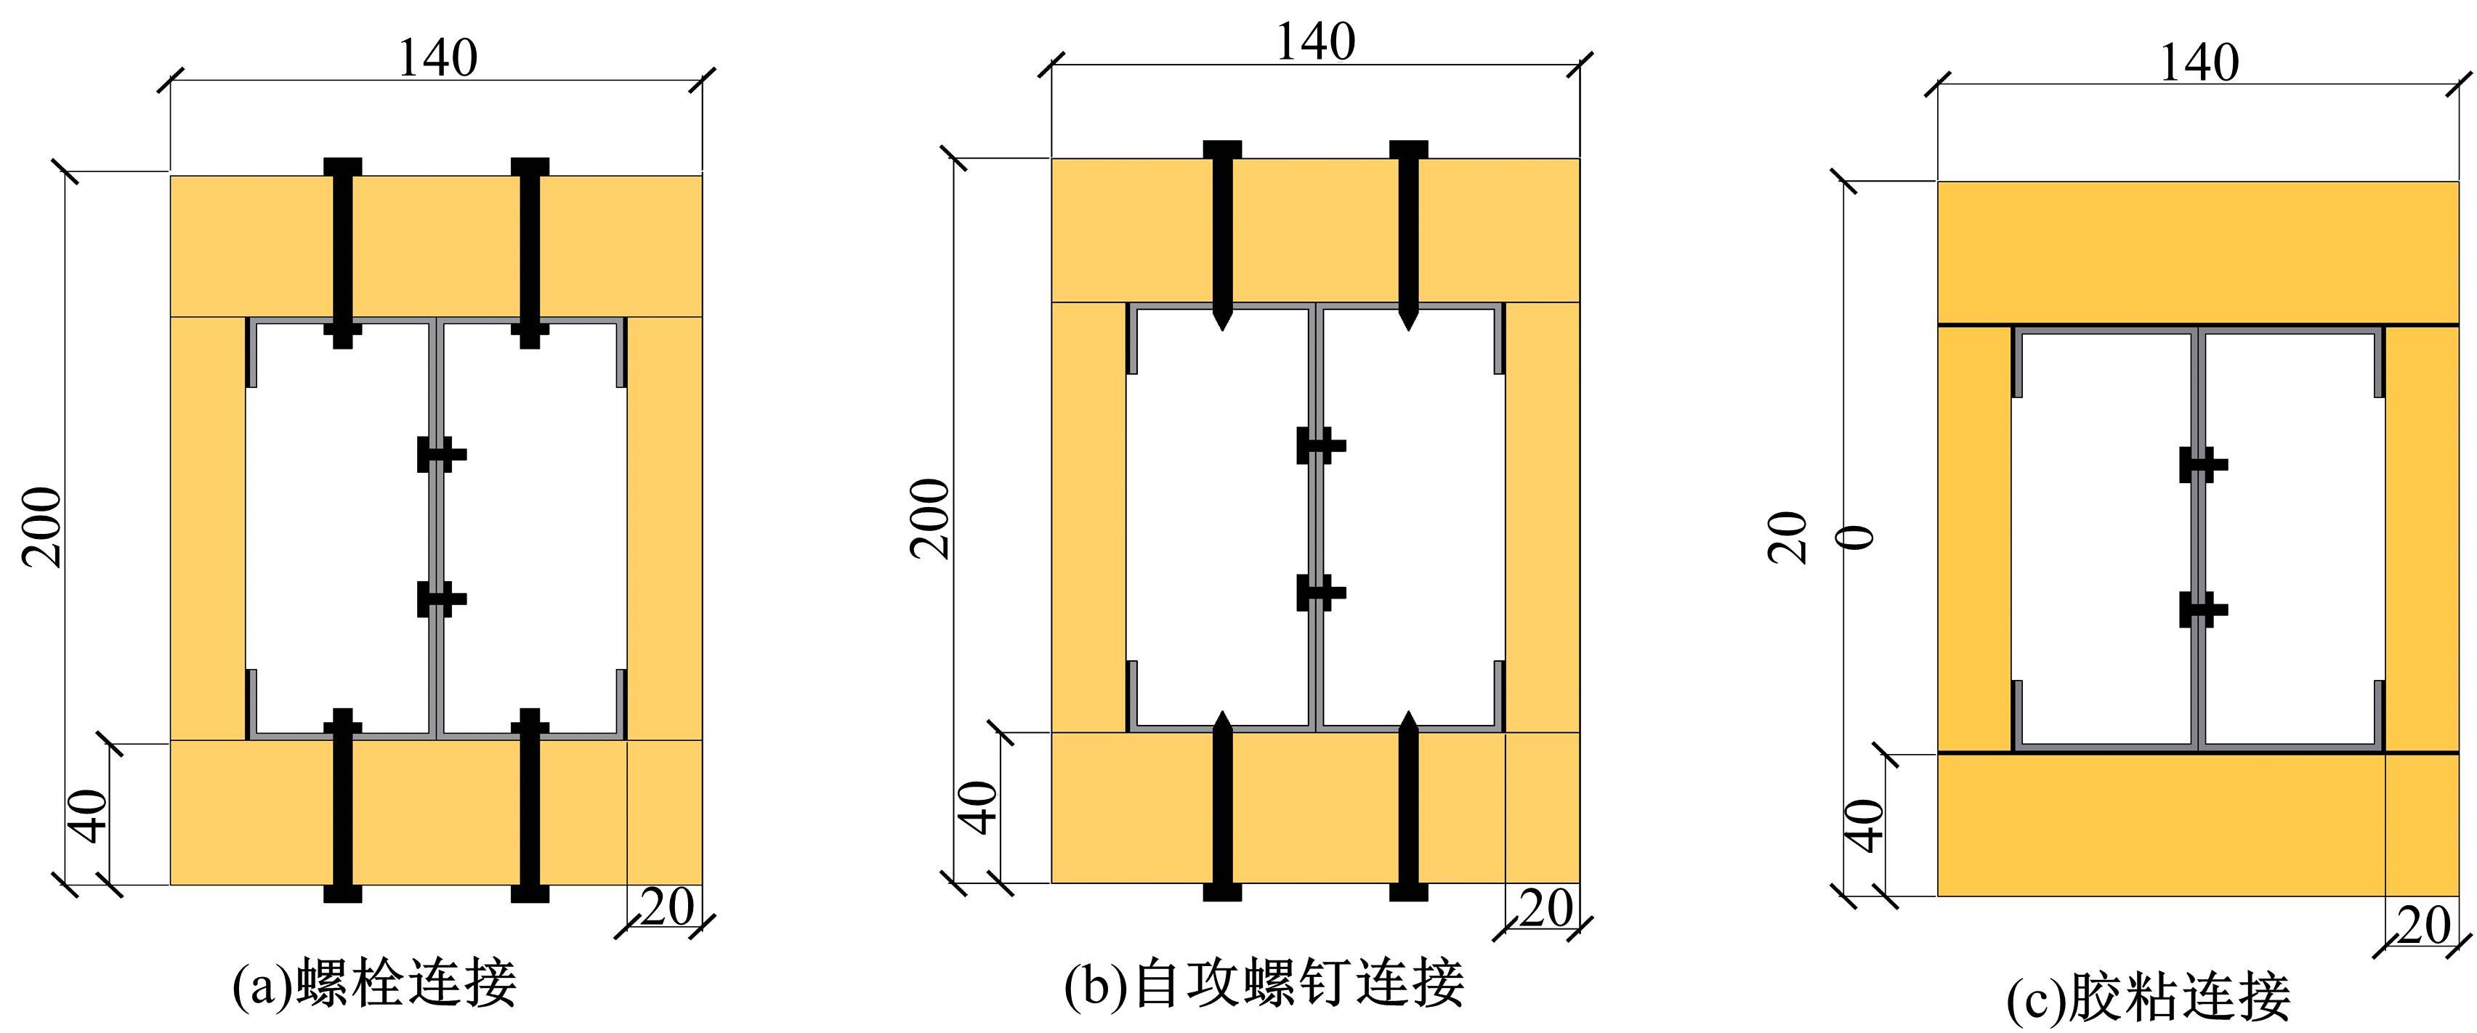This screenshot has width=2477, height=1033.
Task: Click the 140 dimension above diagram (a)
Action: (437, 57)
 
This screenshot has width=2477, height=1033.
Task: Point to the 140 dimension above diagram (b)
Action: (1315, 41)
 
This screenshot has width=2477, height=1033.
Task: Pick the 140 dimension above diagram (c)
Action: (2199, 62)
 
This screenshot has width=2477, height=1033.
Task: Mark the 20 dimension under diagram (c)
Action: (2424, 926)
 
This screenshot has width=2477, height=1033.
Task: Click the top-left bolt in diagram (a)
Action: (342, 253)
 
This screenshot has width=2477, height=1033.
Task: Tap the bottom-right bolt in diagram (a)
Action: (530, 805)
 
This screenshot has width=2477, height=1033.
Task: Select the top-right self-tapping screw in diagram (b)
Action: (1409, 235)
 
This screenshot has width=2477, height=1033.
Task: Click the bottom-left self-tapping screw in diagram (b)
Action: (1222, 805)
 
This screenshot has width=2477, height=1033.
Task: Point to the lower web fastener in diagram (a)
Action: (441, 599)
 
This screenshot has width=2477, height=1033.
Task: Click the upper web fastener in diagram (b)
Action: (1321, 445)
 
